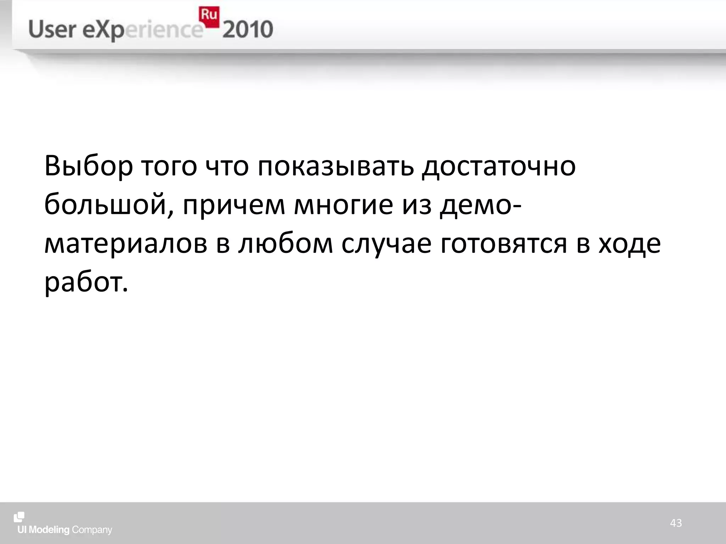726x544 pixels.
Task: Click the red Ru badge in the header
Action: point(209,16)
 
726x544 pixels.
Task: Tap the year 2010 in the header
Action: point(248,30)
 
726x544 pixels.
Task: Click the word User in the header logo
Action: point(52,30)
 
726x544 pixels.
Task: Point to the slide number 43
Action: point(676,523)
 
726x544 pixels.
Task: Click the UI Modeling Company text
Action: point(65,530)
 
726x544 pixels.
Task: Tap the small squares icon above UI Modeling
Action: point(19,517)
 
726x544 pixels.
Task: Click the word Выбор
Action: point(89,166)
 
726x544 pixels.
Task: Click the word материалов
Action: point(126,244)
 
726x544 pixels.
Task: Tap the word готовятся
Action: point(504,244)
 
